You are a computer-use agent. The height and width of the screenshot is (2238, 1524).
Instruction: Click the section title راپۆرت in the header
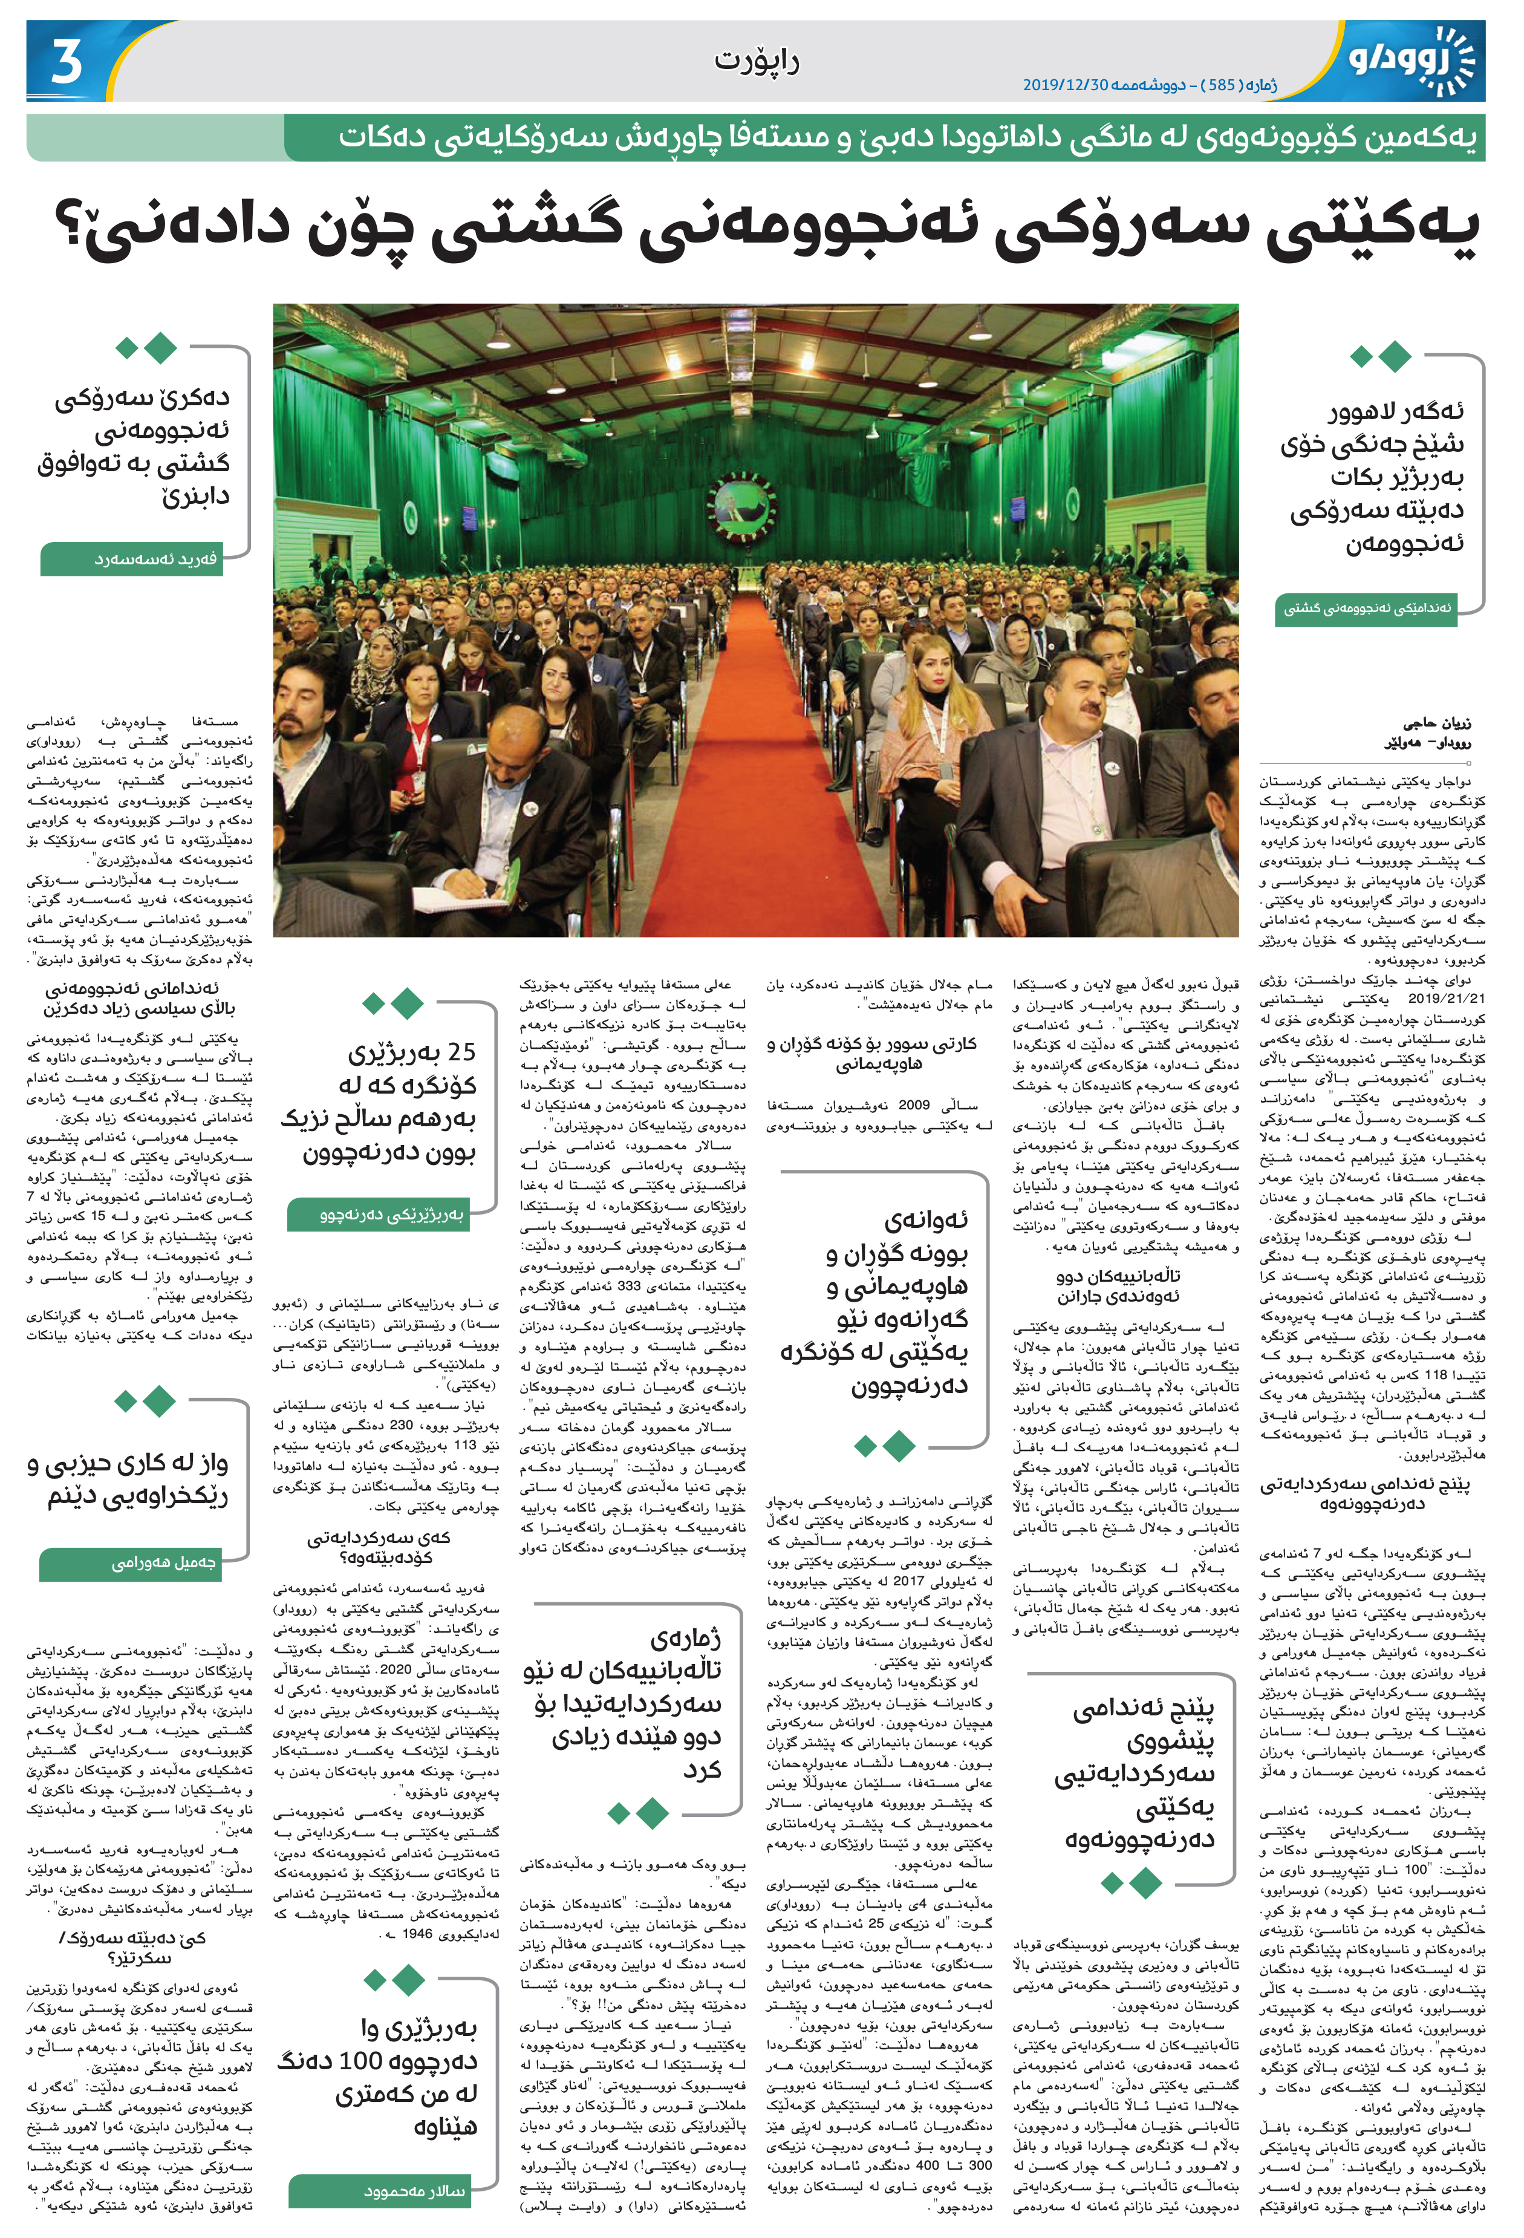(756, 60)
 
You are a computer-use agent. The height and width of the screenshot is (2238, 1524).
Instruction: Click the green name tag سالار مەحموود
(393, 2191)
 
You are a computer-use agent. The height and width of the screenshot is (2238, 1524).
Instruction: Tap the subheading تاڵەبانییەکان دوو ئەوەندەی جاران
(1118, 1285)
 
